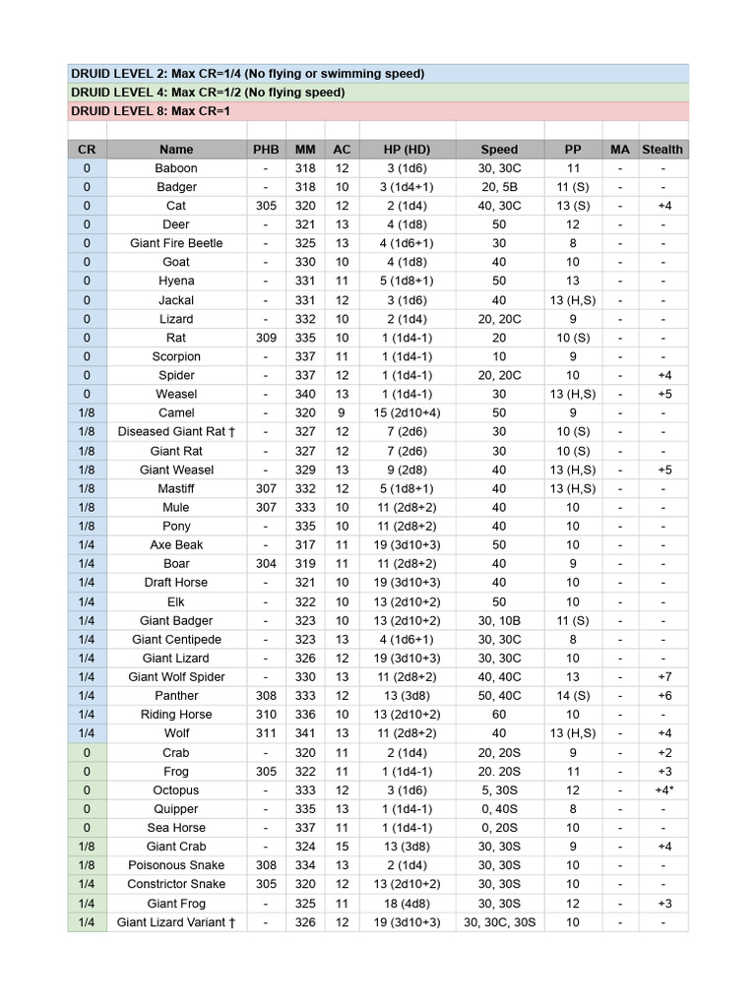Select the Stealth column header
[x=662, y=150]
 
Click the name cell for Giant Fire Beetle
[x=176, y=243]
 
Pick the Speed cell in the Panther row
[x=499, y=696]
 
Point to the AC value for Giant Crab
[x=342, y=847]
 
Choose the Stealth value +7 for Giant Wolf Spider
[x=664, y=677]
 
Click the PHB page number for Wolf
[x=266, y=733]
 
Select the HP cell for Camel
[x=408, y=412]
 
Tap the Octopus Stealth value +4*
[x=664, y=790]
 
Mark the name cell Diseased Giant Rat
[x=176, y=432]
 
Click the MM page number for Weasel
[x=305, y=395]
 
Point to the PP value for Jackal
[x=573, y=300]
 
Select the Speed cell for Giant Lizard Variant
[x=499, y=922]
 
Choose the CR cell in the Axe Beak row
[x=87, y=545]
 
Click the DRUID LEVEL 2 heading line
[x=247, y=74]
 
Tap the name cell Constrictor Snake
[x=176, y=884]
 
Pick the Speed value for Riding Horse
[x=499, y=715]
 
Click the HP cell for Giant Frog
[x=408, y=904]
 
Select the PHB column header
[x=266, y=150]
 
